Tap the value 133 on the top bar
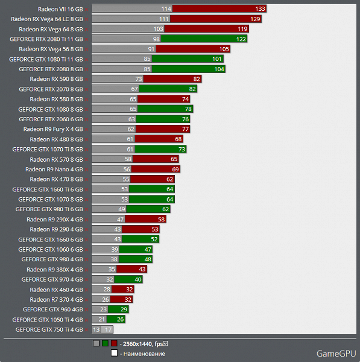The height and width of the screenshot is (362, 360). [260, 9]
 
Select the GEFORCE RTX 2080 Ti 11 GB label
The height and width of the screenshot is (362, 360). [46, 39]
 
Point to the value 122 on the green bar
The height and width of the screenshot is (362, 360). [241, 39]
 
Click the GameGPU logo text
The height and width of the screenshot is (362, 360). [334, 354]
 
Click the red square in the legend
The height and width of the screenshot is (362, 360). [114, 344]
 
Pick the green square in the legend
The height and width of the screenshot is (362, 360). [105, 344]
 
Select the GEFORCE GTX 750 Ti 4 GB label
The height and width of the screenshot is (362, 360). [49, 329]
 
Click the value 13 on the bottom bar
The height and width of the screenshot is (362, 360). [96, 329]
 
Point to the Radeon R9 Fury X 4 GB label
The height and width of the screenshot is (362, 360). [53, 129]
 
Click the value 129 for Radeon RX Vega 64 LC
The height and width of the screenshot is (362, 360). [256, 19]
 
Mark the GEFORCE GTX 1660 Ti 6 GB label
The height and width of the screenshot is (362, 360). [48, 189]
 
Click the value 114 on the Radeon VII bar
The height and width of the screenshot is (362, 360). [166, 9]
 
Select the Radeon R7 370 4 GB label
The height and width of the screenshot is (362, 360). [56, 299]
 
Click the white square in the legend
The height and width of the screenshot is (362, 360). [114, 354]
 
